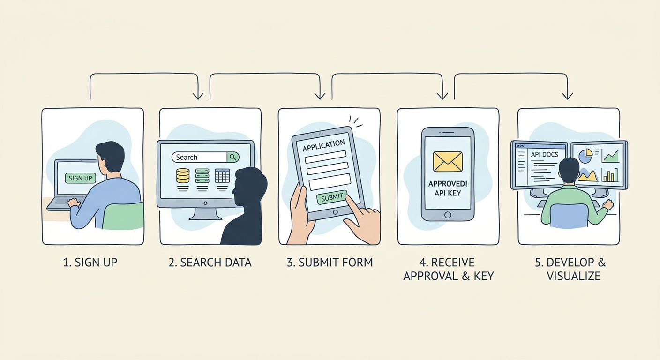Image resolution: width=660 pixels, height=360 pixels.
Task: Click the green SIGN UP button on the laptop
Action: click(80, 178)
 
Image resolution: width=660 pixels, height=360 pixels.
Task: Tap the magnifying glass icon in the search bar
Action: click(233, 157)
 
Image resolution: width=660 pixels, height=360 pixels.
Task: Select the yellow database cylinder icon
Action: click(183, 176)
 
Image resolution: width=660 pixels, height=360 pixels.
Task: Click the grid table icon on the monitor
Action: click(222, 176)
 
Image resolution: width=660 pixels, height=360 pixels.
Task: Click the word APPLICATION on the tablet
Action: click(323, 145)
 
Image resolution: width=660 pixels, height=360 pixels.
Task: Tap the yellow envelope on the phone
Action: click(448, 161)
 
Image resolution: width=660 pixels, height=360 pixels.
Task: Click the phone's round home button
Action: click(448, 215)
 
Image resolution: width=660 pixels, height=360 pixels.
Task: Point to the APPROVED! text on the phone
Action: click(448, 184)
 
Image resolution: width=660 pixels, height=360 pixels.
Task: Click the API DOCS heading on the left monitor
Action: click(545, 154)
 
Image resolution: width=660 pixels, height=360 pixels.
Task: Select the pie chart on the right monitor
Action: click(585, 156)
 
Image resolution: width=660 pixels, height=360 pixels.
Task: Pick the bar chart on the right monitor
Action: click(610, 175)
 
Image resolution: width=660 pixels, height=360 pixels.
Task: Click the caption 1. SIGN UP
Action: click(90, 262)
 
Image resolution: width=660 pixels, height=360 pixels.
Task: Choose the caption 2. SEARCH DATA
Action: click(210, 262)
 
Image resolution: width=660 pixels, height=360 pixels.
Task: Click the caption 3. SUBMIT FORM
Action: click(330, 262)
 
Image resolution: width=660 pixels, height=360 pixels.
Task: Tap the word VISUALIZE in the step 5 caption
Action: click(573, 276)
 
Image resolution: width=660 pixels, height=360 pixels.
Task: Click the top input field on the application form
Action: click(325, 157)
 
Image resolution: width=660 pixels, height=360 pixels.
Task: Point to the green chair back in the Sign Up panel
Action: click(123, 216)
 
